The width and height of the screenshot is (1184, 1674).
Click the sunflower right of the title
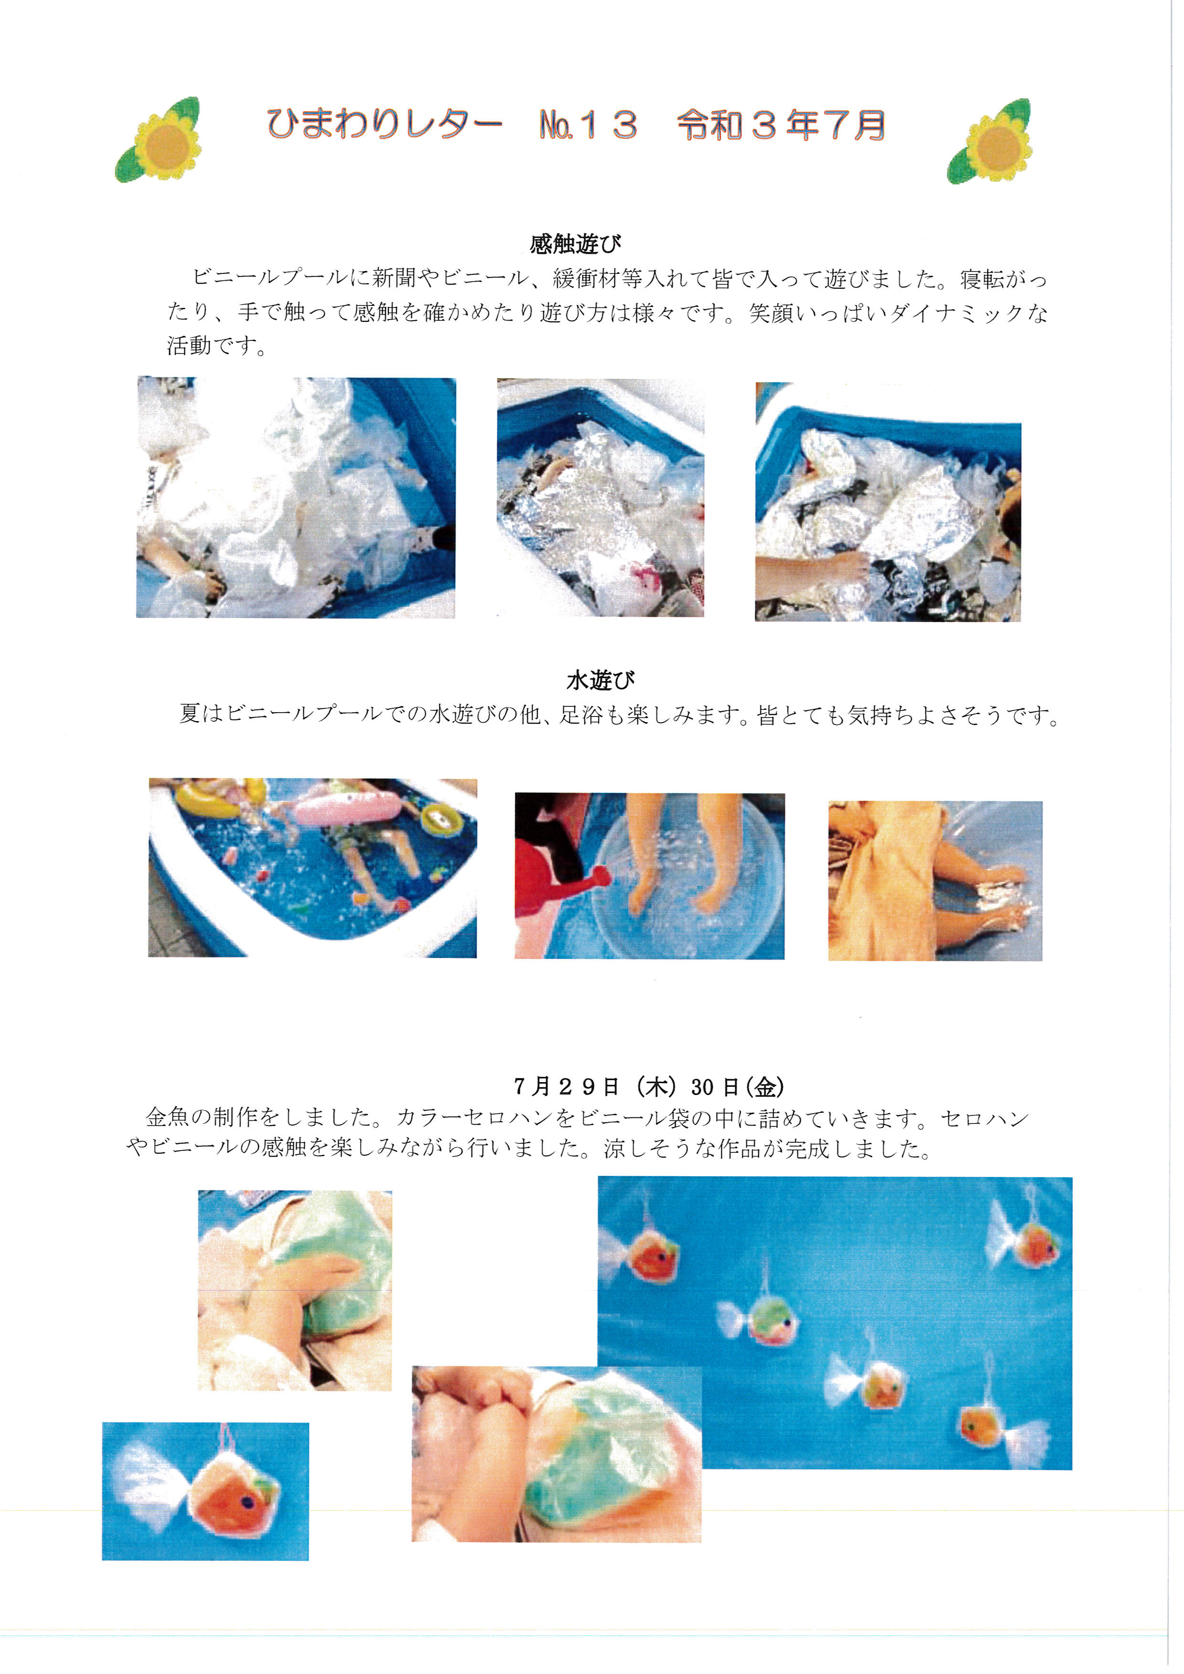tap(990, 141)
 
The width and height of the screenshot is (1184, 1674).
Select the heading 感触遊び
tap(576, 243)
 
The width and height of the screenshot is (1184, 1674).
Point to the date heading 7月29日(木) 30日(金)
tap(649, 1087)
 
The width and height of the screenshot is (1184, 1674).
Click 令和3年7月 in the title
tap(781, 125)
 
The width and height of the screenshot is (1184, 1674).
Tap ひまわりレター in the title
tap(384, 124)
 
